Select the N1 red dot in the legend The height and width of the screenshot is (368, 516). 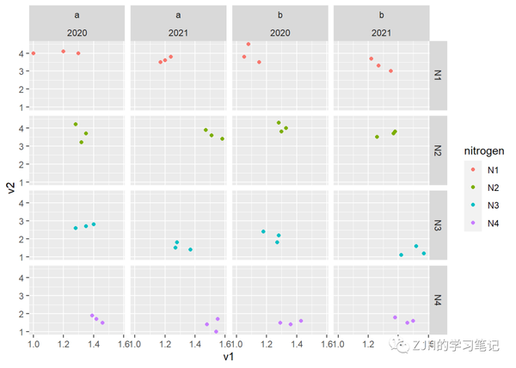click(x=470, y=170)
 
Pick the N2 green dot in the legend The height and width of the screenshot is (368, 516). click(x=470, y=187)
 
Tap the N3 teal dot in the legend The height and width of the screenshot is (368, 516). click(x=470, y=205)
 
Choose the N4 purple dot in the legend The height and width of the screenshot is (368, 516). click(x=470, y=223)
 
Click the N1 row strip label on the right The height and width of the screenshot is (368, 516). click(x=438, y=75)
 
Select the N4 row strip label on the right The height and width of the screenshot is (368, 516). click(x=438, y=300)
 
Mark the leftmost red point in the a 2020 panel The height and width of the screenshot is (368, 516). click(x=34, y=53)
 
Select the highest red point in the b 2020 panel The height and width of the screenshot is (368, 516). click(x=249, y=44)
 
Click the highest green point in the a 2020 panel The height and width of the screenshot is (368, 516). click(x=76, y=125)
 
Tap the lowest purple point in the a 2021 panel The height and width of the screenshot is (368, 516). click(x=216, y=332)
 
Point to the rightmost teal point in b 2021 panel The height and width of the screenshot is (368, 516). click(x=424, y=254)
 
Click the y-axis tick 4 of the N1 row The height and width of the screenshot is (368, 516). click(x=21, y=53)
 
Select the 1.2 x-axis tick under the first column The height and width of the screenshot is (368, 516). click(x=63, y=344)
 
